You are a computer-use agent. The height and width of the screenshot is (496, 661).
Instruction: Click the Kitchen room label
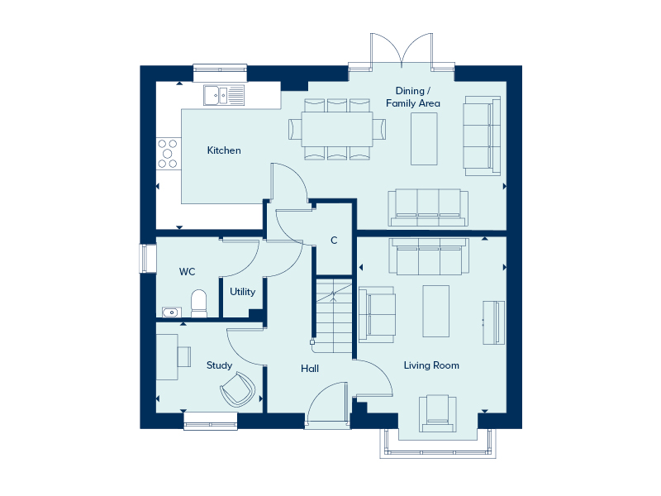tap(224, 150)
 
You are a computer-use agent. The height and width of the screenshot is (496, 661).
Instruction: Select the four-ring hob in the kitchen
tap(169, 154)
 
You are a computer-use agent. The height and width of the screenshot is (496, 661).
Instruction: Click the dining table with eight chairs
tap(337, 129)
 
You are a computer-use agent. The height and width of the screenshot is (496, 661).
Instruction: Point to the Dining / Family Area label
tap(412, 97)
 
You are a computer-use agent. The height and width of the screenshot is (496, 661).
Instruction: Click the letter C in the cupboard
tap(334, 241)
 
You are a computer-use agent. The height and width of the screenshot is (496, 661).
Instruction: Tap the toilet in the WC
tap(198, 303)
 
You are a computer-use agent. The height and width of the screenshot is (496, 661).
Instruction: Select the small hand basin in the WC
tap(171, 312)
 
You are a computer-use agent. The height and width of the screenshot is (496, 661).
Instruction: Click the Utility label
tap(243, 292)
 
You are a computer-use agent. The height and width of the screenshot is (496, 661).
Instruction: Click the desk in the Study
tap(169, 356)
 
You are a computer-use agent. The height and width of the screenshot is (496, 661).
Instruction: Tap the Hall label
tap(310, 369)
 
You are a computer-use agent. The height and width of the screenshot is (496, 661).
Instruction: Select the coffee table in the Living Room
tap(435, 311)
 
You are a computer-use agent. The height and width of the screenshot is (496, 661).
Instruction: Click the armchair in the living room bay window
tap(437, 413)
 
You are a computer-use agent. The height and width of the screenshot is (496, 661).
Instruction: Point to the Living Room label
tap(431, 365)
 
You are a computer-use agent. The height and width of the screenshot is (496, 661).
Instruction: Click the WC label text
tap(187, 271)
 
